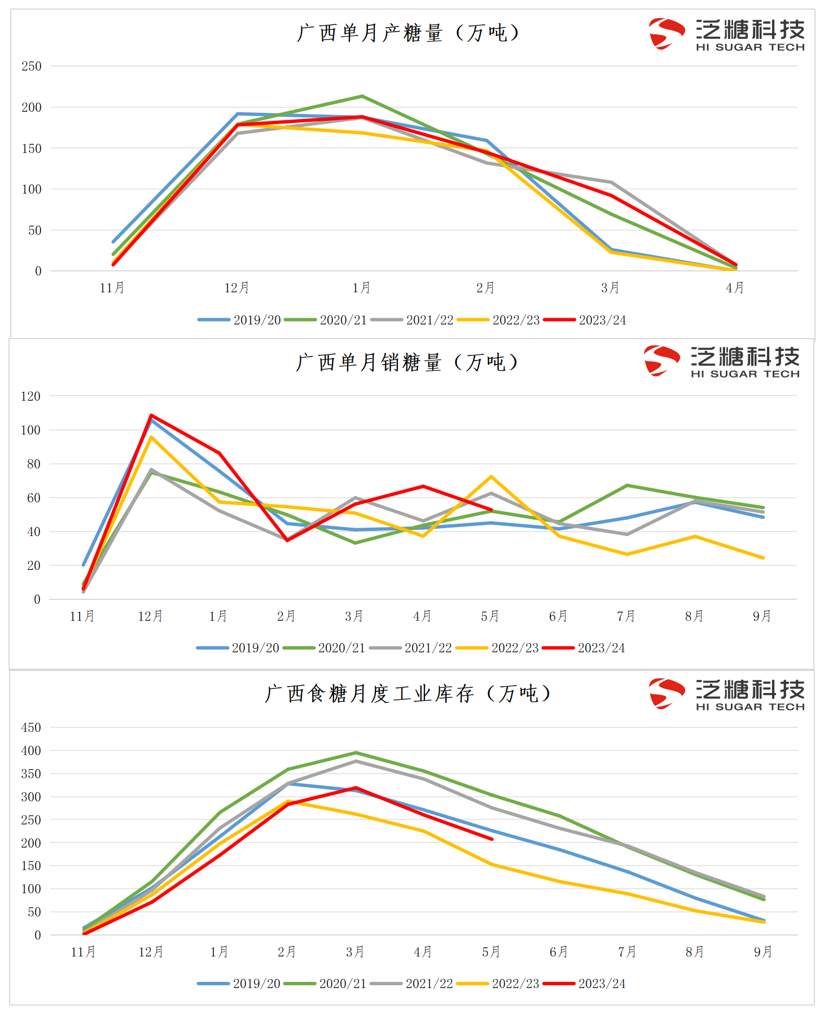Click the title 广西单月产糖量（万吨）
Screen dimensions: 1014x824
pyautogui.click(x=407, y=33)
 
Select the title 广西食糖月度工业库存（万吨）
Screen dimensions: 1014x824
pyautogui.click(x=407, y=693)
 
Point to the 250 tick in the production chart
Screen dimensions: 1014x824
pyautogui.click(x=32, y=66)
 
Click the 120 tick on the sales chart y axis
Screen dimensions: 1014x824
pyautogui.click(x=30, y=396)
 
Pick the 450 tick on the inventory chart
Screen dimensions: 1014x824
pyautogui.click(x=31, y=727)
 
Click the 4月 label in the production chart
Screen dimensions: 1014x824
pyautogui.click(x=735, y=288)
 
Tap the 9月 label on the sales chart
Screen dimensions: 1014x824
pyautogui.click(x=762, y=616)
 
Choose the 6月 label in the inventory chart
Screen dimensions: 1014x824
pyautogui.click(x=559, y=952)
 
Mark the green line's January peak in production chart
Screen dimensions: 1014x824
pyautogui.click(x=362, y=96)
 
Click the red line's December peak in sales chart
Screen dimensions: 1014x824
pyautogui.click(x=151, y=415)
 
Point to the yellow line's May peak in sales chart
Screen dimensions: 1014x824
pyautogui.click(x=491, y=477)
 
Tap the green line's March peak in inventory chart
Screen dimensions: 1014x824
pyautogui.click(x=356, y=753)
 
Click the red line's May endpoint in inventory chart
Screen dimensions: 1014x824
pyautogui.click(x=492, y=839)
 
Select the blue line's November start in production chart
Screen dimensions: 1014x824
pyautogui.click(x=113, y=242)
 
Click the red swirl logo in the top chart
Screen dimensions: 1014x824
pyautogui.click(x=666, y=33)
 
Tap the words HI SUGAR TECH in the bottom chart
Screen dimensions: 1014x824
pyautogui.click(x=750, y=707)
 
